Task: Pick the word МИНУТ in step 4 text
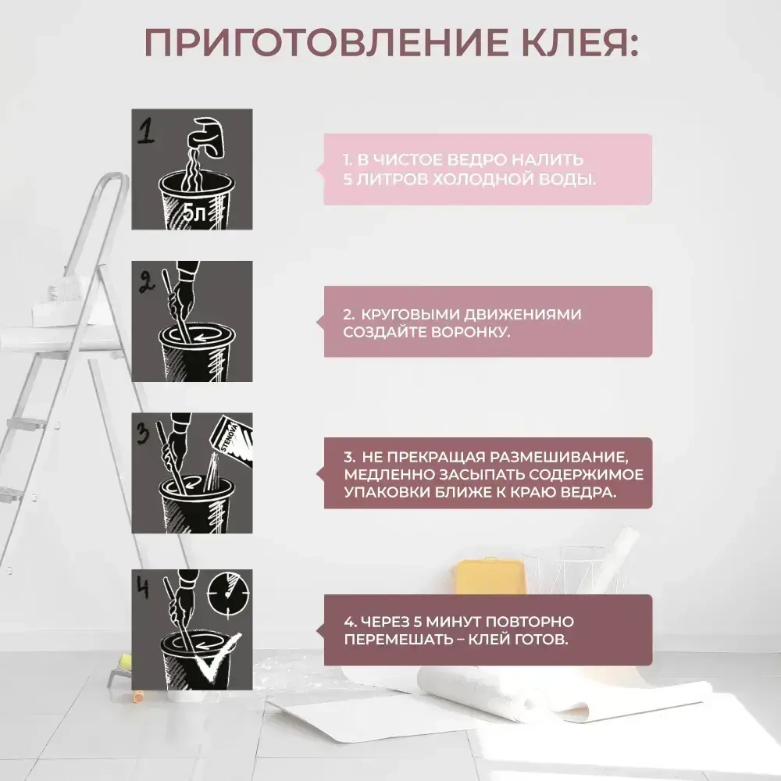tap(450, 622)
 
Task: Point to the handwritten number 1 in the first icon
tap(145, 132)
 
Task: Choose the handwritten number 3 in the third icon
tap(143, 434)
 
